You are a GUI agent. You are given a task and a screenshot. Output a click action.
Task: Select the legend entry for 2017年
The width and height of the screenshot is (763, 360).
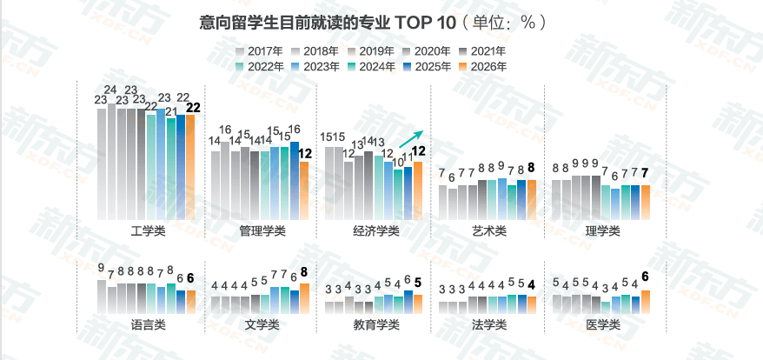tap(260, 50)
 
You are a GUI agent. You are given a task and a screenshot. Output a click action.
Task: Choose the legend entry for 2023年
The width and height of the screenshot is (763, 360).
tap(315, 65)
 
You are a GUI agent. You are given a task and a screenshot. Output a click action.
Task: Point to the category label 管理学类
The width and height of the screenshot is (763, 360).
tap(262, 230)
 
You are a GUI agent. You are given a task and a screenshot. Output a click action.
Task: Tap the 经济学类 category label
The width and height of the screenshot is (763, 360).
tap(375, 230)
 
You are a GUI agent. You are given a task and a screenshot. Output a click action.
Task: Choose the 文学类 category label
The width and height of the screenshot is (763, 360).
tap(262, 324)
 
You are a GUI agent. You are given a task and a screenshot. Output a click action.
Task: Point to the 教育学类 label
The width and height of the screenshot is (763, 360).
tap(375, 324)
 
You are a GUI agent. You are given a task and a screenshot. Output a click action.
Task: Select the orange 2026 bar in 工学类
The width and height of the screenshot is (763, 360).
tap(190, 164)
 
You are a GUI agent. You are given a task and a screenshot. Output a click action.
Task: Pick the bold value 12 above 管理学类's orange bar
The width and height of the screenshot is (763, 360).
tap(305, 154)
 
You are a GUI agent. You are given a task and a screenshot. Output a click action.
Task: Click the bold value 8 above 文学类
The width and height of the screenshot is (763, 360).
tap(304, 272)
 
